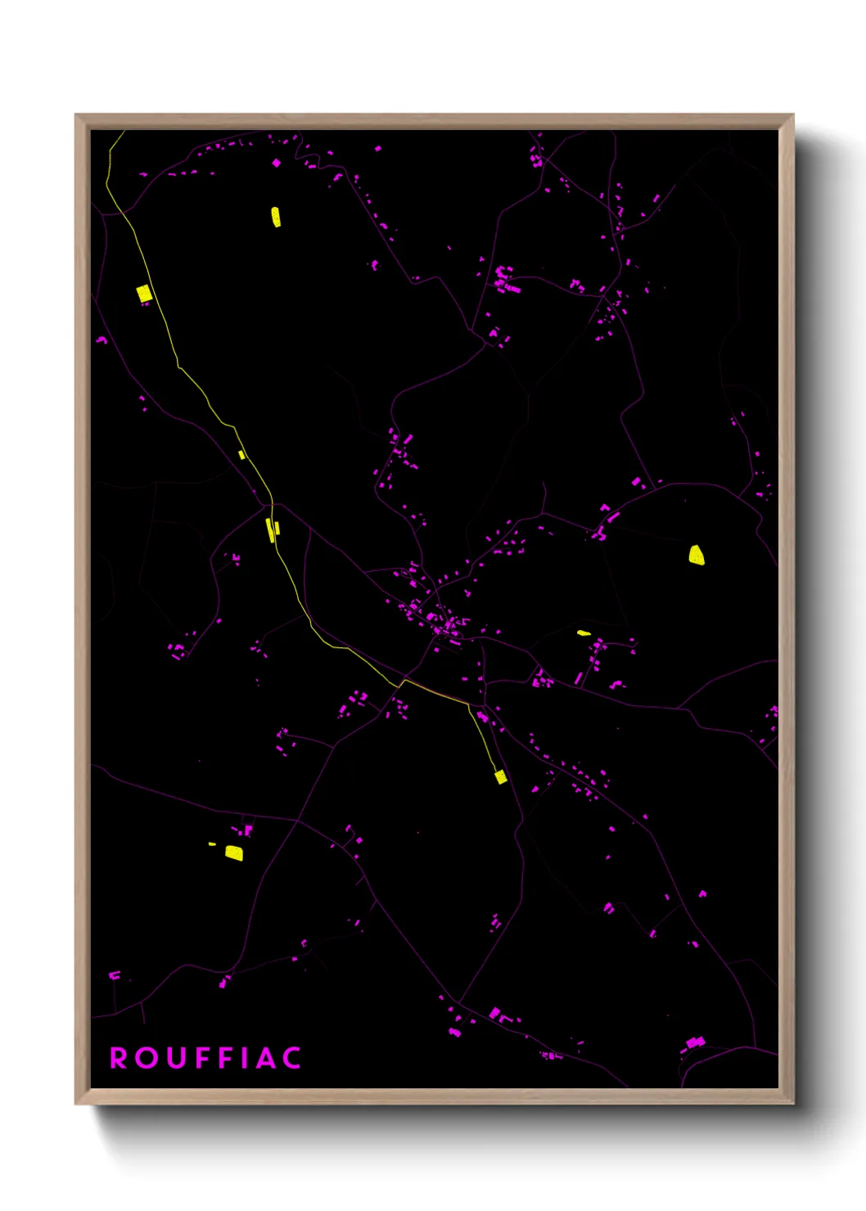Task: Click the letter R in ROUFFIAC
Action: pos(119,1058)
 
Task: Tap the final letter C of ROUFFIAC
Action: pos(292,1058)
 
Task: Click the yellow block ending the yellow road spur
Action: pos(501,777)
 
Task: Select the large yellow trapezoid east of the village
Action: pos(697,555)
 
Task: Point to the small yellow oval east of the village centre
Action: pos(584,633)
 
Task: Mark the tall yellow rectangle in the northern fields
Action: pos(276,217)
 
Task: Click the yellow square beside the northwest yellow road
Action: pos(144,293)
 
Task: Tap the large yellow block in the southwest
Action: pos(234,853)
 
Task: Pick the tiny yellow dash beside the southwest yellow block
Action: pos(212,844)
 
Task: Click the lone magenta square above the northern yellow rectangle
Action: pos(276,163)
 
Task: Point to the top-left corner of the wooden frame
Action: pos(76,115)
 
